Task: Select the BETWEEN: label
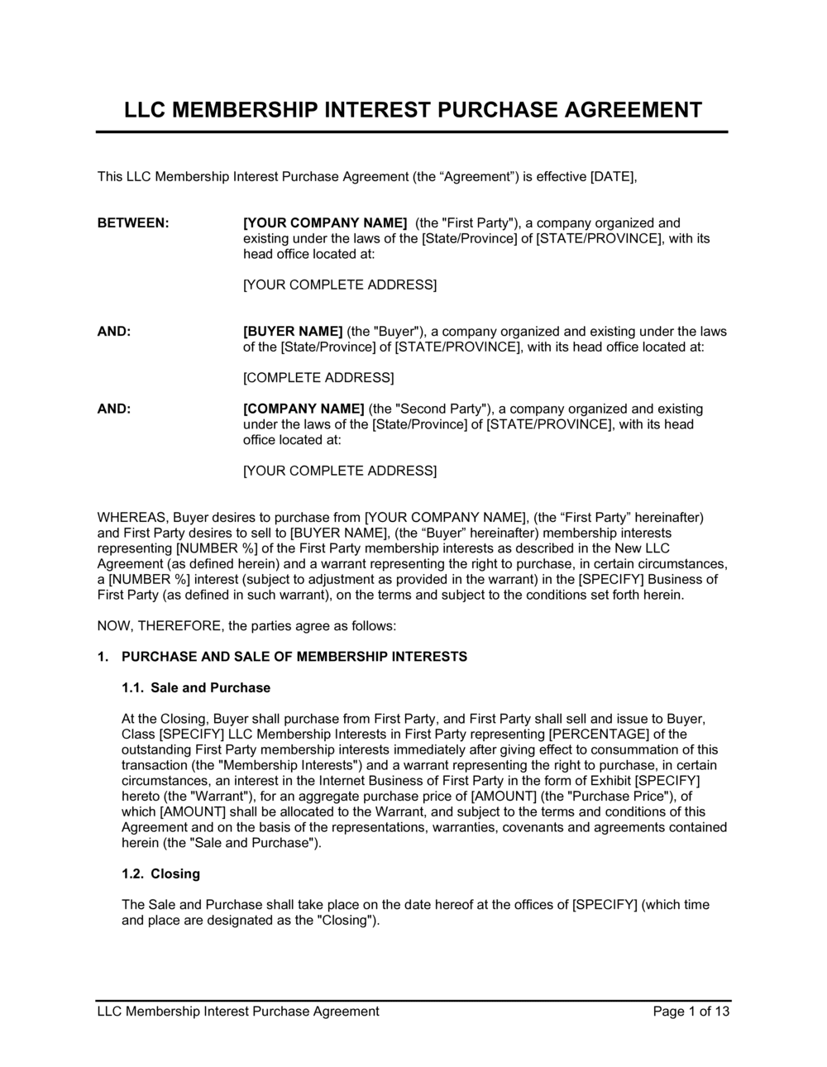(133, 222)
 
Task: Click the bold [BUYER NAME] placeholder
(293, 332)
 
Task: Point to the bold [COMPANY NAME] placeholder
(304, 409)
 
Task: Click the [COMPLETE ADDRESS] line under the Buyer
(318, 378)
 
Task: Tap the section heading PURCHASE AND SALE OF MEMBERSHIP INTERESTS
(294, 657)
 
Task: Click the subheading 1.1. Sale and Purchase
(196, 687)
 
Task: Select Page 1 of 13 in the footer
(691, 1011)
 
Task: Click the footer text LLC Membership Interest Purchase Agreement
(238, 1011)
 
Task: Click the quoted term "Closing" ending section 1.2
(347, 921)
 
